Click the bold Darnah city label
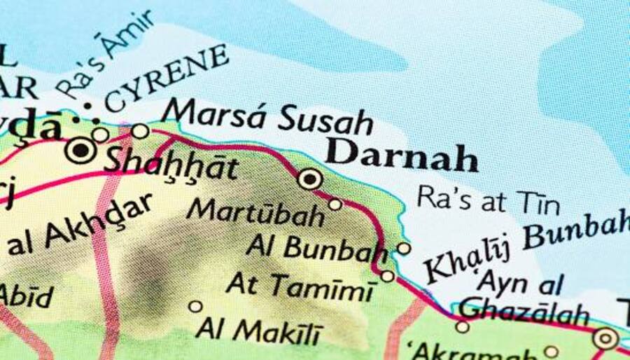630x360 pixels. (x=401, y=155)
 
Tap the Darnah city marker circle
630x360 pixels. (x=310, y=179)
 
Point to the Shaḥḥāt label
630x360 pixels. (x=170, y=164)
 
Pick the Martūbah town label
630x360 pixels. (x=255, y=212)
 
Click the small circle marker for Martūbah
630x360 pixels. (x=335, y=205)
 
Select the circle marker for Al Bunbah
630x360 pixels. (x=404, y=248)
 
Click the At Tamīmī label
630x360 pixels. (x=300, y=286)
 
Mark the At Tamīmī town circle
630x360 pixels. (x=388, y=276)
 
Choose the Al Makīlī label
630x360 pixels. (x=259, y=329)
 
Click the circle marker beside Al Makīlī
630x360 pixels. (x=195, y=307)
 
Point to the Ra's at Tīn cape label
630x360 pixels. (x=488, y=200)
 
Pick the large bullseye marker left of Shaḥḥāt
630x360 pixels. (x=81, y=150)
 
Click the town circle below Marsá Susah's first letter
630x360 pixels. (x=140, y=131)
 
